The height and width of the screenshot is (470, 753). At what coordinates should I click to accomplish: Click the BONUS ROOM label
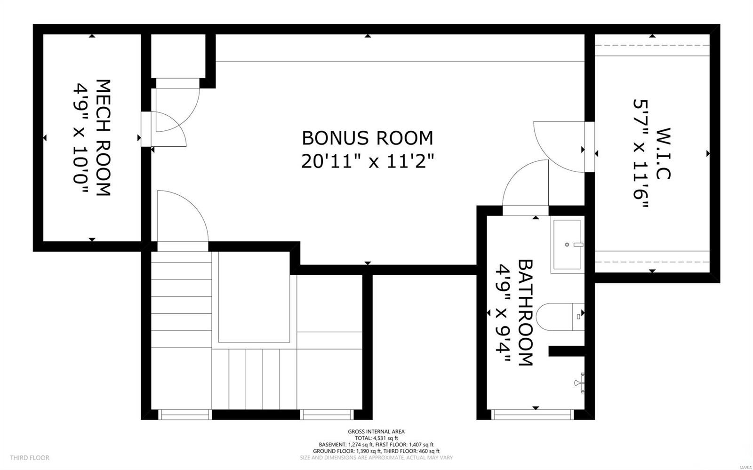(367, 138)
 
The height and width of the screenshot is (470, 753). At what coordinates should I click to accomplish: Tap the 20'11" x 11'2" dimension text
(367, 162)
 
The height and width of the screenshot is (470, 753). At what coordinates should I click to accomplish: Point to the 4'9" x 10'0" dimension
(80, 138)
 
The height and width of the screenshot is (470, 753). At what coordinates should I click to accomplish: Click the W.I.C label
(662, 153)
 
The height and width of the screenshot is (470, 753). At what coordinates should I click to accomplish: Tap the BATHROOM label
(525, 312)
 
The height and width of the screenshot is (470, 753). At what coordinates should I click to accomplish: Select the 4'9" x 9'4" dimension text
(503, 312)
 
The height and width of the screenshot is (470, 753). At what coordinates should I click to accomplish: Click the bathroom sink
(567, 245)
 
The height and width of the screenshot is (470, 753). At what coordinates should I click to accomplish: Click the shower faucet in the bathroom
(582, 382)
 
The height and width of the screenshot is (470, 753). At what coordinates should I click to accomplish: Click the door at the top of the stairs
(181, 216)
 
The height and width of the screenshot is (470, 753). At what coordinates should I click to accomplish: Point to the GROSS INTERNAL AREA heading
(376, 431)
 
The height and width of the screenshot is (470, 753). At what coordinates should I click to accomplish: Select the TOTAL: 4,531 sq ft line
(376, 438)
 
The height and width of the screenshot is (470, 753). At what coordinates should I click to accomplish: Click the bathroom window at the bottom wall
(532, 414)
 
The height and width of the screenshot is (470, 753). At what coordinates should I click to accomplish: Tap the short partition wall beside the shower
(566, 351)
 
